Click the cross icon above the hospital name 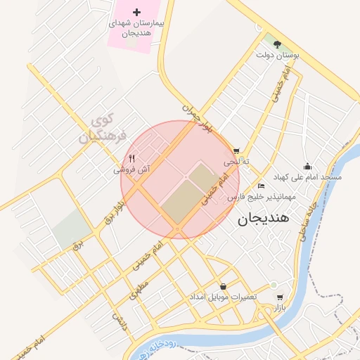click(137, 12)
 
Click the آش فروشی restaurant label click(132, 169)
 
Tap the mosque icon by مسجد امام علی click(307, 166)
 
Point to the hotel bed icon click(262, 186)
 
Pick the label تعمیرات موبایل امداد click(223, 297)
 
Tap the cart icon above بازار click(281, 297)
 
